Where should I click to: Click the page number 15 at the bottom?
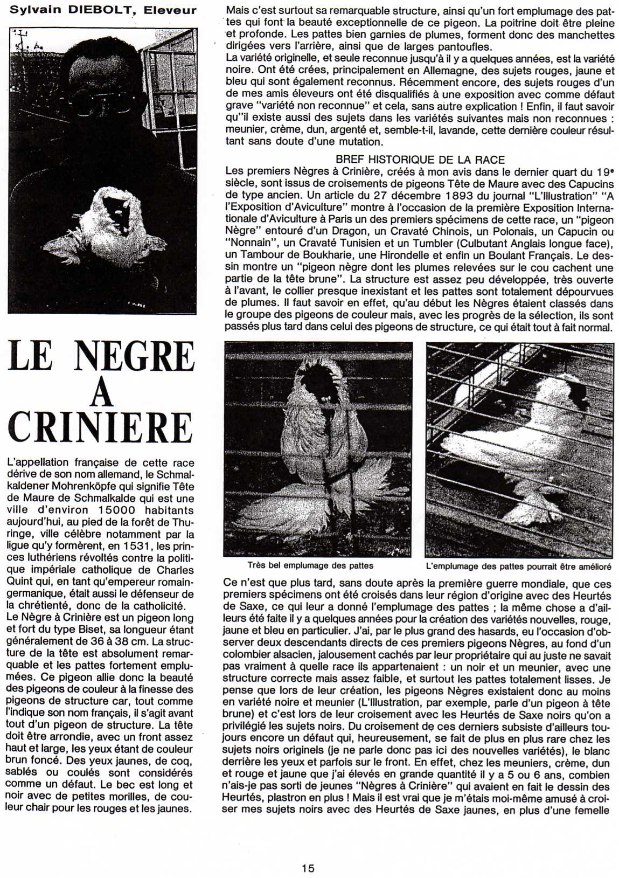point(308,868)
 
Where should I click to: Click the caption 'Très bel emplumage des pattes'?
point(310,566)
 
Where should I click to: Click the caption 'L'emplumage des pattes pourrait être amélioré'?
point(518,566)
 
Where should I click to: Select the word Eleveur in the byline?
point(175,10)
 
